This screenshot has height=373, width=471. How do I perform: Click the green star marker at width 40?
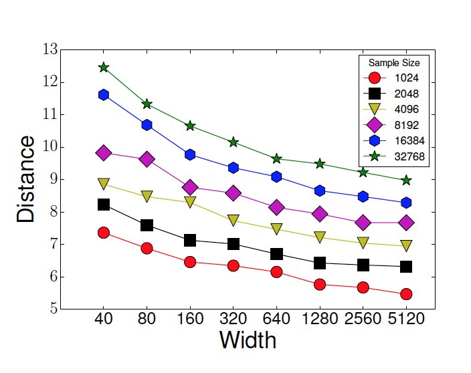tap(104, 68)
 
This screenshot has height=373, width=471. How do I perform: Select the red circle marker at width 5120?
tap(406, 294)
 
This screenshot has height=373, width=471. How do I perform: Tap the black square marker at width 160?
tap(190, 240)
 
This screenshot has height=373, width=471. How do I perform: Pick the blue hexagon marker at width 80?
tap(147, 125)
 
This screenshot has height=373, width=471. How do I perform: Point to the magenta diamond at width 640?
tap(276, 207)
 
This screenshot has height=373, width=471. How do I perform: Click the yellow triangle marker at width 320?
tap(233, 219)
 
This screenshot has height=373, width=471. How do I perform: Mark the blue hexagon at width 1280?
tap(320, 191)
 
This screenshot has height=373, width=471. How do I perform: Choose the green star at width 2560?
tap(363, 172)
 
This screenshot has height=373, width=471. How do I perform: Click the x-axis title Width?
tap(248, 340)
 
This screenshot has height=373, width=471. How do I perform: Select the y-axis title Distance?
tap(26, 179)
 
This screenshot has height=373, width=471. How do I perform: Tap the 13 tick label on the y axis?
tap(50, 49)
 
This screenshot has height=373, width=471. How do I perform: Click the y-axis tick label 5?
tap(53, 309)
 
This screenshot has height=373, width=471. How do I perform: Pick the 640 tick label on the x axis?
tap(276, 320)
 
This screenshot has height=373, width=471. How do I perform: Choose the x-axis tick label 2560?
tap(363, 320)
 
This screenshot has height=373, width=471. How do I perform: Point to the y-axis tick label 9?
tap(53, 180)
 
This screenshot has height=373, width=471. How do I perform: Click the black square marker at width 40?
tap(104, 205)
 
